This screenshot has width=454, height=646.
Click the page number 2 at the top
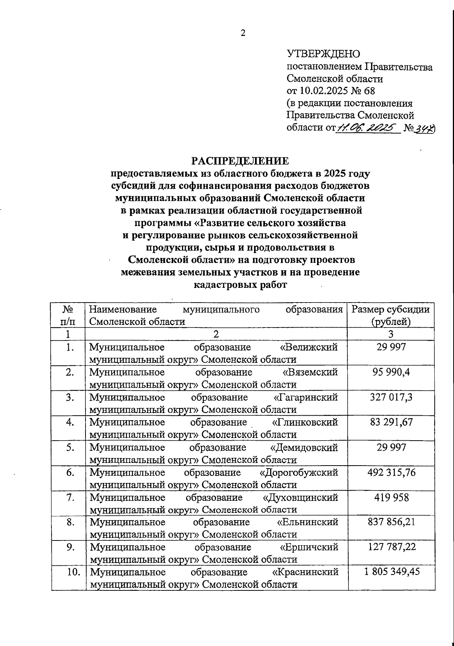pyautogui.click(x=243, y=33)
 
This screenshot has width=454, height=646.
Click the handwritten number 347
pyautogui.click(x=424, y=129)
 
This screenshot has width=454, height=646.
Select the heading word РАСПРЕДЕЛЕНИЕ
pyautogui.click(x=240, y=161)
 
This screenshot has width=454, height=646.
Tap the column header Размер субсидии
pyautogui.click(x=390, y=310)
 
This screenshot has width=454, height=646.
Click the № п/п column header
pyautogui.click(x=68, y=315)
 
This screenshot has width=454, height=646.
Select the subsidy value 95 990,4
pyautogui.click(x=391, y=372)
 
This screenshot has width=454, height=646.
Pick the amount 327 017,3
pyautogui.click(x=391, y=397)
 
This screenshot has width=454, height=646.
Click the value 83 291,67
pyautogui.click(x=391, y=422)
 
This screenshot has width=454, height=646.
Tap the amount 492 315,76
pyautogui.click(x=391, y=472)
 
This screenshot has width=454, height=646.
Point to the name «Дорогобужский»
pyautogui.click(x=299, y=472)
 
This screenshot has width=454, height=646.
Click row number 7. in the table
pyautogui.click(x=70, y=497)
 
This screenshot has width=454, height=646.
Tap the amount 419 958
pyautogui.click(x=391, y=497)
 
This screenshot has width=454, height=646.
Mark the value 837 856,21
pyautogui.click(x=391, y=522)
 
